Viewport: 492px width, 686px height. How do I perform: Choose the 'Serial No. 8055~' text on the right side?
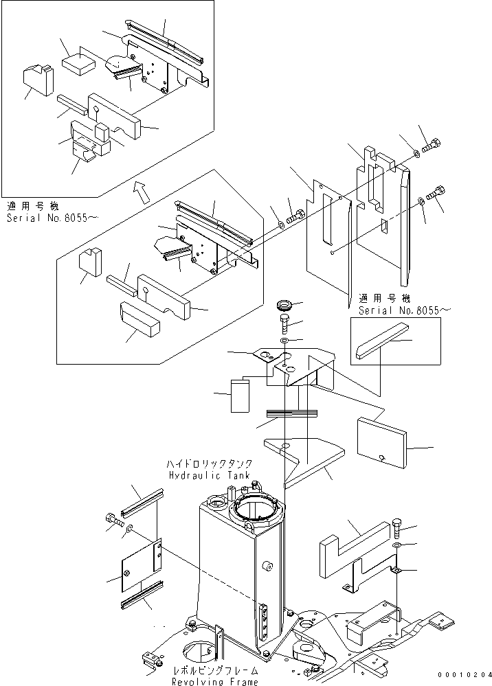point(405,310)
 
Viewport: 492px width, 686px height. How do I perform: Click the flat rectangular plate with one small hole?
point(381,445)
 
